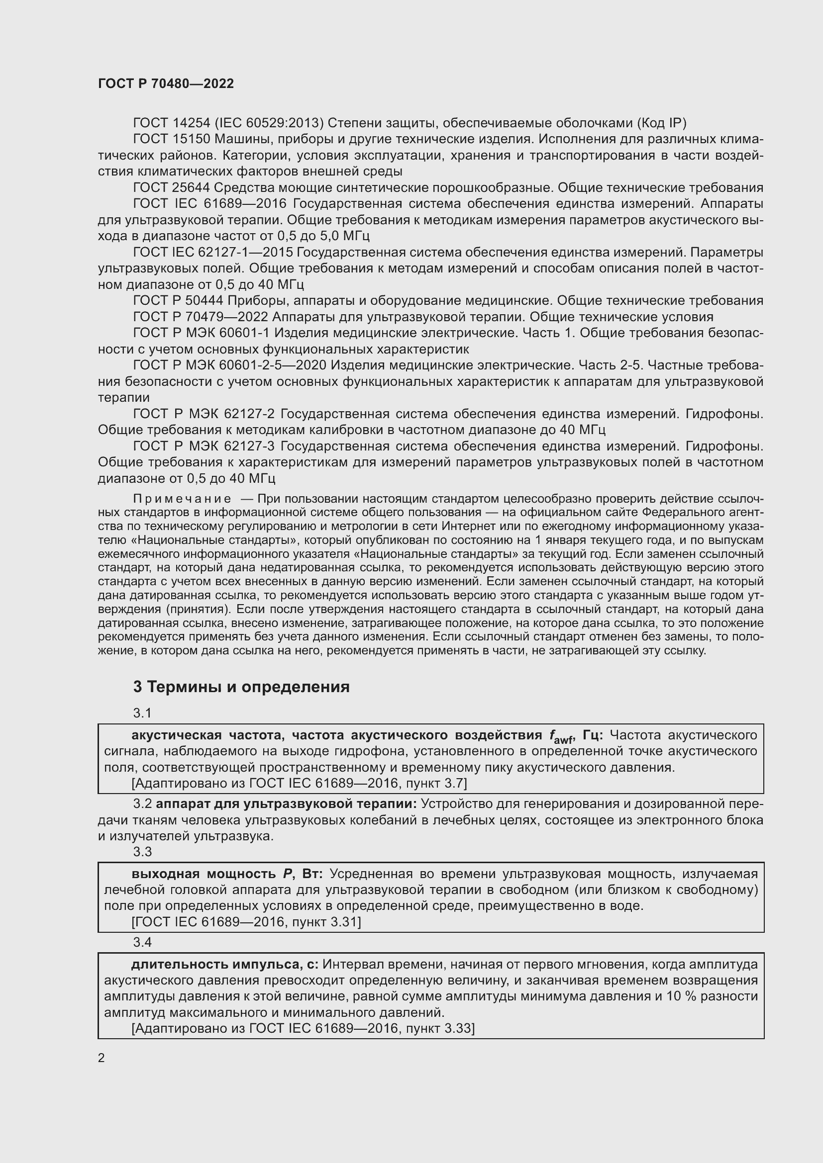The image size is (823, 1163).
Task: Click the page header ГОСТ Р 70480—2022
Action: coord(166,84)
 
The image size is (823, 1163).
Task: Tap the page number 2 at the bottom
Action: coord(102,1058)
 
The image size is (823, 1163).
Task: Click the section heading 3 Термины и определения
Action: coord(241,686)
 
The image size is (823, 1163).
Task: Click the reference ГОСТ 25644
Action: coord(171,187)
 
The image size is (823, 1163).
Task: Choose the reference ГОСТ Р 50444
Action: coord(178,300)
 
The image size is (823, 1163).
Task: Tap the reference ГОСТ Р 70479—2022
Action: coord(200,317)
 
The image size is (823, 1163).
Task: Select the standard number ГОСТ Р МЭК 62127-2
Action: coord(204,414)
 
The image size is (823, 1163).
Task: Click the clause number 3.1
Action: coord(142,713)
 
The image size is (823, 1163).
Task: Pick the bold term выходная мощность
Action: coord(203,873)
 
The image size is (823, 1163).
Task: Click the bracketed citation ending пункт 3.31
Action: coord(246,921)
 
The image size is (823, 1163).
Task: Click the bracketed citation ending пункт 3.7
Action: coord(299,783)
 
